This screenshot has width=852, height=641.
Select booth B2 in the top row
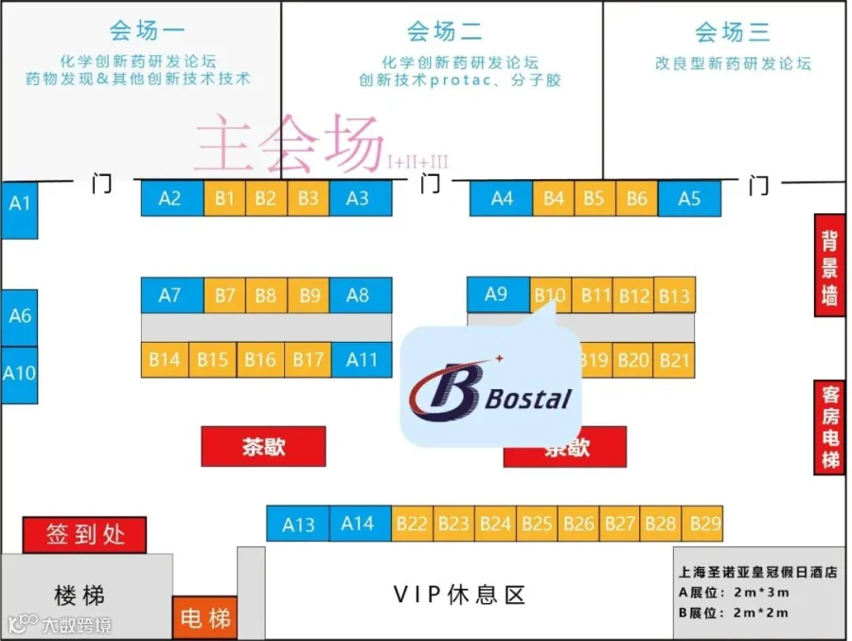click(266, 198)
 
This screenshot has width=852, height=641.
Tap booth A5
click(689, 199)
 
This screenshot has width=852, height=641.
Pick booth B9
click(310, 294)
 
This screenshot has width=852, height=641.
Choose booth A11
click(361, 360)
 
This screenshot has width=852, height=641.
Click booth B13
click(674, 295)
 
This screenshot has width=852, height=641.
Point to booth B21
click(674, 360)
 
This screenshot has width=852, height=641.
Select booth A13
click(298, 524)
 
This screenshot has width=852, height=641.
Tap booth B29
click(705, 523)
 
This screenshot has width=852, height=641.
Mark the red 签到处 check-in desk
click(85, 535)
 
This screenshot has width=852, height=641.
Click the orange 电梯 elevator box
click(204, 618)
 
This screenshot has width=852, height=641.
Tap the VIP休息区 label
click(458, 595)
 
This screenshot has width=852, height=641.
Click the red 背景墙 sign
click(829, 266)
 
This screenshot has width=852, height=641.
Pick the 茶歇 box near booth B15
click(263, 446)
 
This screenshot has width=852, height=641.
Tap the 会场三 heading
click(731, 32)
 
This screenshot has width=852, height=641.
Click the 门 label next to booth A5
click(757, 185)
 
